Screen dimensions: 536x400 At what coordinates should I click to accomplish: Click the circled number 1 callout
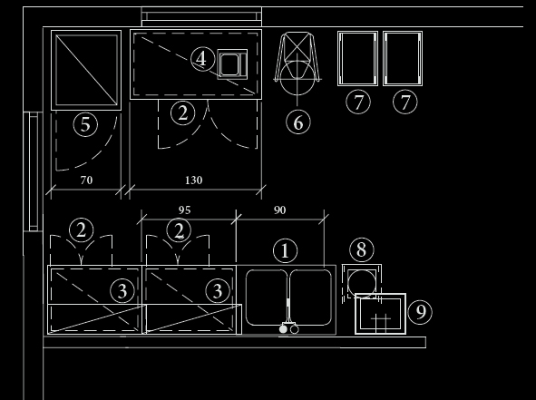pyautogui.click(x=285, y=251)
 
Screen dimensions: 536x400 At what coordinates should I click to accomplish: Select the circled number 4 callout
pyautogui.click(x=202, y=59)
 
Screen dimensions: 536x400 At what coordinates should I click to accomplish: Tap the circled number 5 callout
pyautogui.click(x=85, y=124)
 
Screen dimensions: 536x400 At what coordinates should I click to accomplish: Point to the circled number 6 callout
pyautogui.click(x=298, y=122)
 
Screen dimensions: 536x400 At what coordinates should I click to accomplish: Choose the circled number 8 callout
pyautogui.click(x=362, y=249)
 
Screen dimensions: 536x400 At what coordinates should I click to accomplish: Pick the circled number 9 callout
pyautogui.click(x=420, y=312)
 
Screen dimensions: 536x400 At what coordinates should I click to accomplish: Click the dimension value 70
pyautogui.click(x=86, y=180)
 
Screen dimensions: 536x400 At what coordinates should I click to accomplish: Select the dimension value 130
pyautogui.click(x=194, y=180)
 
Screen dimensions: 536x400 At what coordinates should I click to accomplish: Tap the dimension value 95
pyautogui.click(x=185, y=210)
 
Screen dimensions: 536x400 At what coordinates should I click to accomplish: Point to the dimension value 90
pyautogui.click(x=280, y=210)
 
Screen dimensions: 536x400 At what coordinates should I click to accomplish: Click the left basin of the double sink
pyautogui.click(x=267, y=298)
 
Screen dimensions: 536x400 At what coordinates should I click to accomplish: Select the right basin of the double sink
pyautogui.click(x=311, y=298)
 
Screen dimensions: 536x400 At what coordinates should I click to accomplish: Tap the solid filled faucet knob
pyautogui.click(x=283, y=329)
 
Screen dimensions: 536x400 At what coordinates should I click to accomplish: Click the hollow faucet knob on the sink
pyautogui.click(x=295, y=329)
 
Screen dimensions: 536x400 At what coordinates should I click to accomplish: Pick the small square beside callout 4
pyautogui.click(x=232, y=64)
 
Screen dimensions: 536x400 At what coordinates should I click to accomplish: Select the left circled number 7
pyautogui.click(x=358, y=102)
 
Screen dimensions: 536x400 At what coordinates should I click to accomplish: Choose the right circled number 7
pyautogui.click(x=405, y=102)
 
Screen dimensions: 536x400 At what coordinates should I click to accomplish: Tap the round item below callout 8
pyautogui.click(x=362, y=282)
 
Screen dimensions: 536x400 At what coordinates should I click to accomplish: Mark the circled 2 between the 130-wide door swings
pyautogui.click(x=183, y=112)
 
